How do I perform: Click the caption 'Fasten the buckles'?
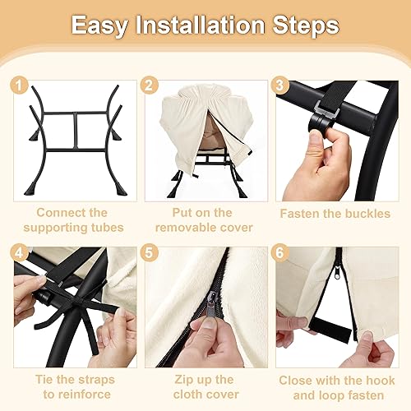(334, 213)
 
